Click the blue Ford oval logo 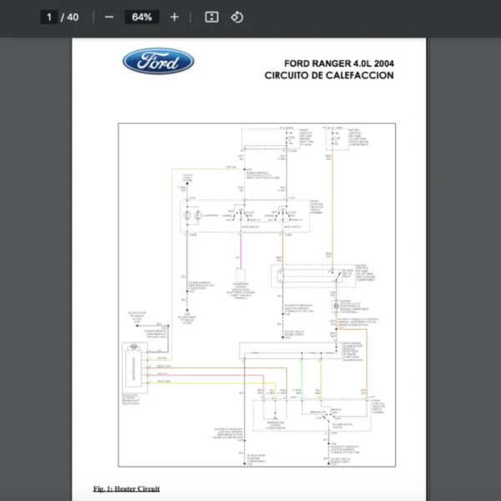point(159,61)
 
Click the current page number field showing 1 point(50,17)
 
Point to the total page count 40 point(73,17)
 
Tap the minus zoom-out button point(109,17)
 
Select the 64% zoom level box point(141,17)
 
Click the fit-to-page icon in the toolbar point(211,17)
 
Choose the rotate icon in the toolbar point(237,17)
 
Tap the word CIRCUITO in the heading point(287,75)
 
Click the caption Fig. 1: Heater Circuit point(126,488)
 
